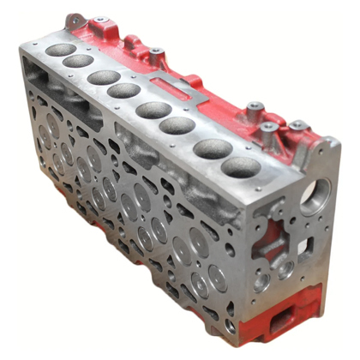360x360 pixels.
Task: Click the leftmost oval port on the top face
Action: [60, 50]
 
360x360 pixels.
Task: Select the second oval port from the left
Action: [78, 61]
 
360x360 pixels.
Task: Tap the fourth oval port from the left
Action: [124, 90]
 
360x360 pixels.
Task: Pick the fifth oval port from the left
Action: [153, 110]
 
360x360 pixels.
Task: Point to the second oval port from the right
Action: [212, 148]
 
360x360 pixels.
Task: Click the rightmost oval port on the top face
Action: [240, 167]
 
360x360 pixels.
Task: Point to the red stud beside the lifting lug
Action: [99, 19]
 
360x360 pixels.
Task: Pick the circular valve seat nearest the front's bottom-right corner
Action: [218, 278]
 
